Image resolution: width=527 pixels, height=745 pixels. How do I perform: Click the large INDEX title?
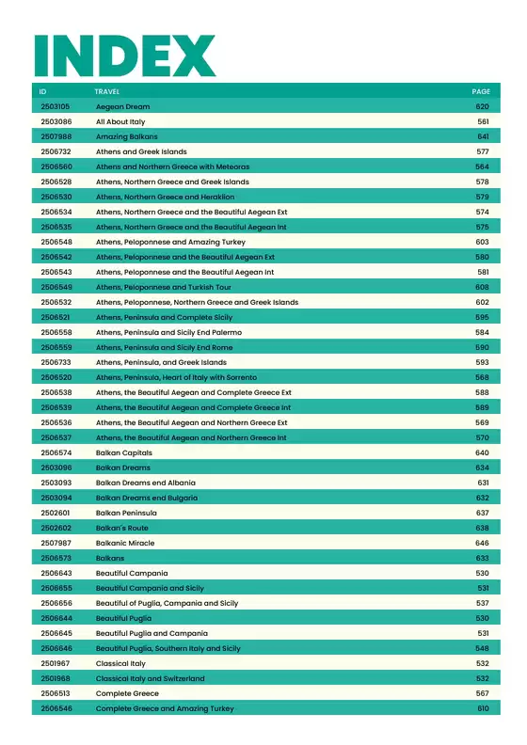124,55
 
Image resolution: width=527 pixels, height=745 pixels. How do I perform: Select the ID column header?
43,91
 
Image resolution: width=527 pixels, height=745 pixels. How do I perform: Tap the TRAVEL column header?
106,91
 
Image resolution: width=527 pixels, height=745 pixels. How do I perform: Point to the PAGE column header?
481,91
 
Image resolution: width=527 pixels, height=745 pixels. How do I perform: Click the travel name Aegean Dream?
122,106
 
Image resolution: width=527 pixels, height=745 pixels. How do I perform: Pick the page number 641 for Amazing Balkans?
483,136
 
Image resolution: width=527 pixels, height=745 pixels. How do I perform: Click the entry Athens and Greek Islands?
141,151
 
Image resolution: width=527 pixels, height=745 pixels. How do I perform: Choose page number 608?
482,287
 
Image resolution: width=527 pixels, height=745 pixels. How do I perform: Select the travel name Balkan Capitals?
123,452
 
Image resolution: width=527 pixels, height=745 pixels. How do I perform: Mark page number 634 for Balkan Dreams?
482,468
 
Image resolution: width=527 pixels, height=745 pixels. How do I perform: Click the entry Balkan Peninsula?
126,513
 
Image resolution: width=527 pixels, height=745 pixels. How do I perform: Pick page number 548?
482,648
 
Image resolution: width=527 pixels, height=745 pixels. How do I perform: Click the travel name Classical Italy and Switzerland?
150,678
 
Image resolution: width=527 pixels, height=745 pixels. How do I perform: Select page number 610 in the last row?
483,708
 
